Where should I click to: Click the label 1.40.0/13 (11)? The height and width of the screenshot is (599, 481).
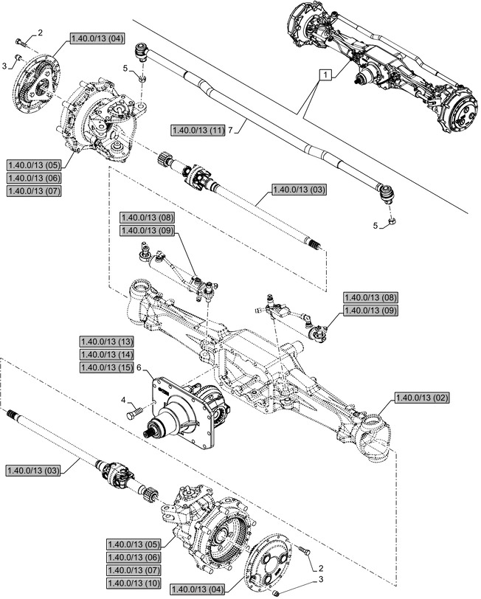point(197,130)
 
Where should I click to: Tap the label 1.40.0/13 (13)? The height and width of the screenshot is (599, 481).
point(106,342)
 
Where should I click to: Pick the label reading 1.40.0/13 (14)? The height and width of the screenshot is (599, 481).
point(106,354)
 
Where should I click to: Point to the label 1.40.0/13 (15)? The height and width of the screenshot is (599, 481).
point(106,367)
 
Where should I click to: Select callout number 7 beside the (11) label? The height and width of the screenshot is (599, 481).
point(231,130)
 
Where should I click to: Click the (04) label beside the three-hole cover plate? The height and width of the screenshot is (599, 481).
point(196,589)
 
